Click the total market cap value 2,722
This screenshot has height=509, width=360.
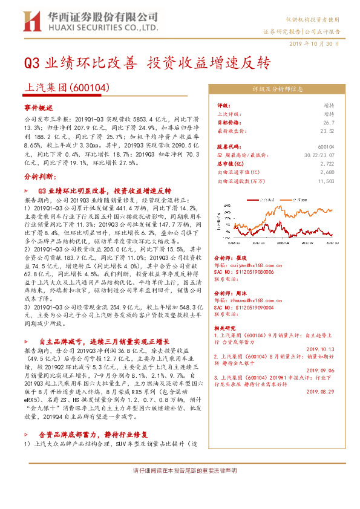click(x=327, y=163)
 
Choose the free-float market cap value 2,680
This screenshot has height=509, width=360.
click(x=327, y=172)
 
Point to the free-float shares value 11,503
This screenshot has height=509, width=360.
click(x=326, y=180)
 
